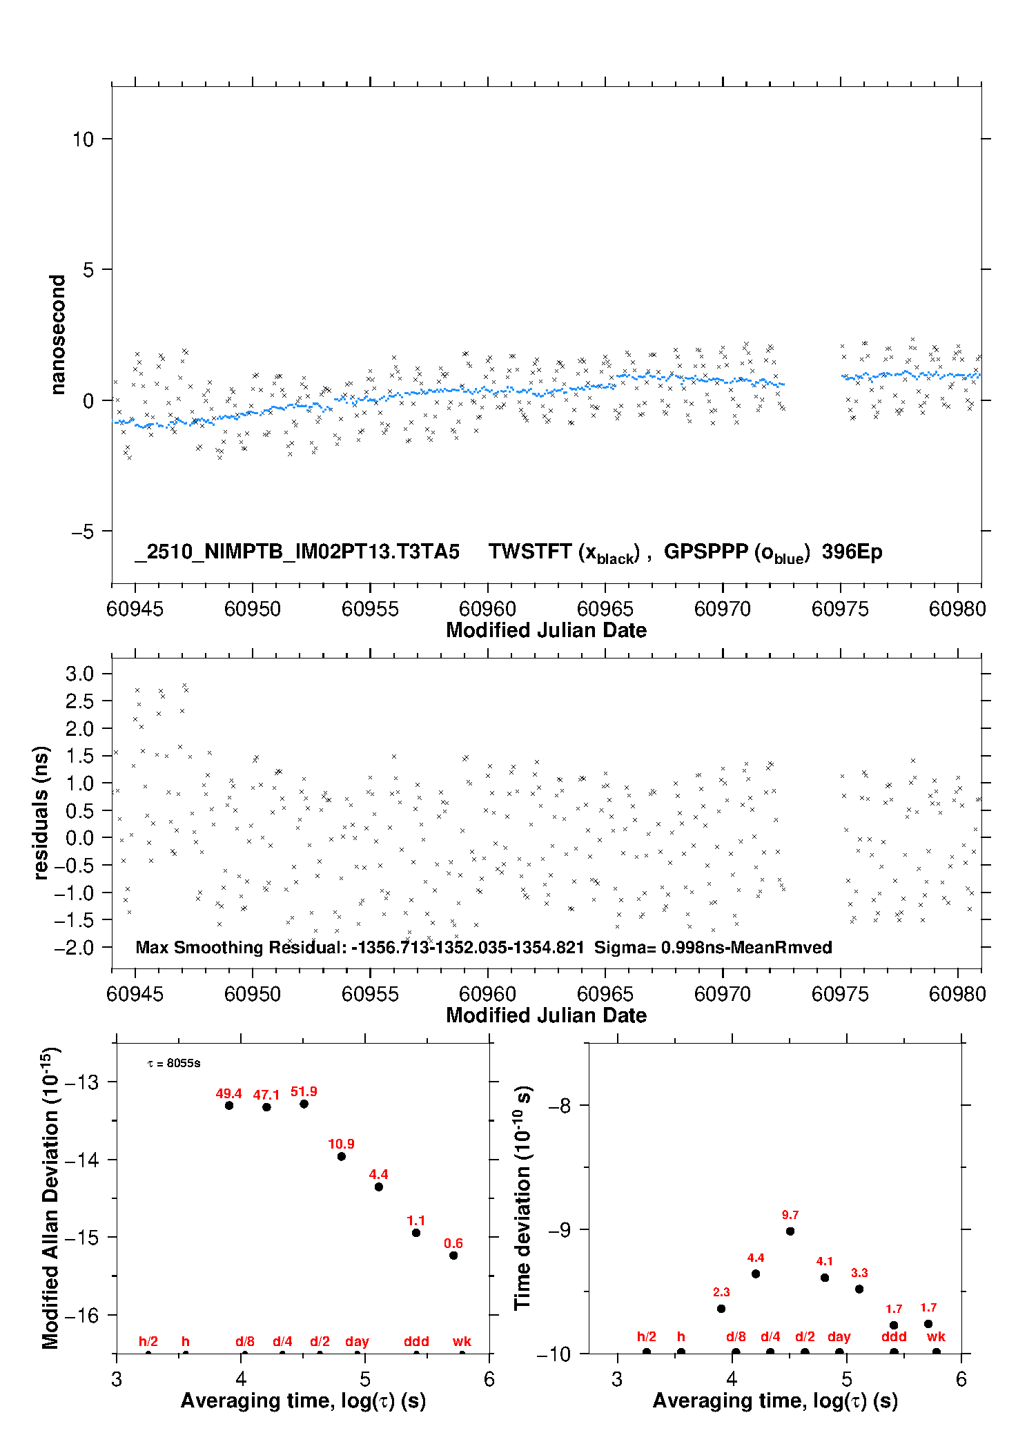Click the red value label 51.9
pos(304,1091)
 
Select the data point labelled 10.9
pos(342,1156)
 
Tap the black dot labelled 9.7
pos(790,1231)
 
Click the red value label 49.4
pos(228,1093)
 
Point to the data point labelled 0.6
pos(453,1256)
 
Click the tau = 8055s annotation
pos(174,1063)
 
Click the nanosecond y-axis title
pos(58,335)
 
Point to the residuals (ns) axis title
pos(41,812)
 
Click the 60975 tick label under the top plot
pos(840,609)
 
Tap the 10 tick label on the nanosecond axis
pos(83,139)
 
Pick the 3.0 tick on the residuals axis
pos(79,674)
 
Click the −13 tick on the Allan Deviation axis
pos(81,1082)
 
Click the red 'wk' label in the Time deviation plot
pos(936,1336)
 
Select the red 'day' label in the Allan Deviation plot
pos(357,1341)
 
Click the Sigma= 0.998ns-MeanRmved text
pos(713,947)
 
